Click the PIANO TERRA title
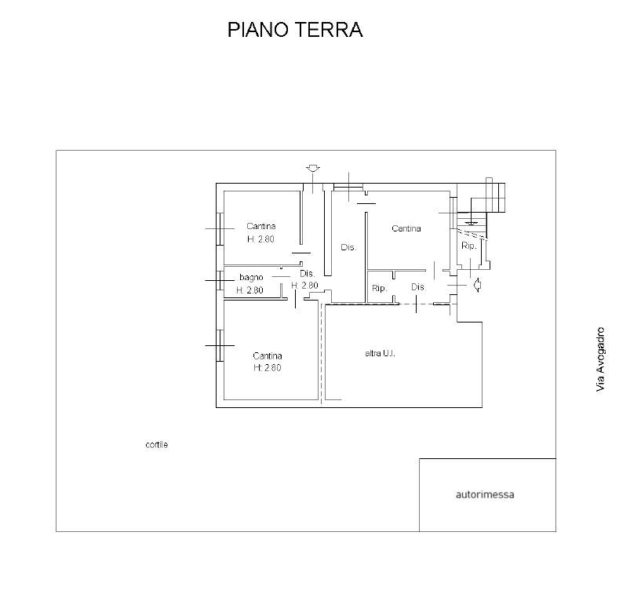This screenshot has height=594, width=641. click(x=295, y=30)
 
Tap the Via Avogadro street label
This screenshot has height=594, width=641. click(x=599, y=359)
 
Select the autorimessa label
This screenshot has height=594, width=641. click(x=485, y=494)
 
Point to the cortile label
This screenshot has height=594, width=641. click(x=157, y=444)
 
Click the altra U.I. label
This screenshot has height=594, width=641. click(x=381, y=353)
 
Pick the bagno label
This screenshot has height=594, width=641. click(x=251, y=278)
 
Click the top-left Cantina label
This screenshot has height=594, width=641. click(x=260, y=226)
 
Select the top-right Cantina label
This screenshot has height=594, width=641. click(x=406, y=228)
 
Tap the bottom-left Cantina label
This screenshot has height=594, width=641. click(x=268, y=355)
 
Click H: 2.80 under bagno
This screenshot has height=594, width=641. click(x=249, y=290)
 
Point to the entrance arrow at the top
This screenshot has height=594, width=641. click(x=313, y=168)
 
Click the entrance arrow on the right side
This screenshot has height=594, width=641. click(x=477, y=285)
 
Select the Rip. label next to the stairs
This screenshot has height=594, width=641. click(x=469, y=246)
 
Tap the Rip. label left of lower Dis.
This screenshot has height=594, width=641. click(x=380, y=288)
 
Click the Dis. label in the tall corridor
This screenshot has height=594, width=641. click(x=348, y=247)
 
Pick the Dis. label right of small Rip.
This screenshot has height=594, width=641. click(x=419, y=287)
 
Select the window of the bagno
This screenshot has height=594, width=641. click(x=220, y=280)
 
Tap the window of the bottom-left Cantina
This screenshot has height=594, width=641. click(x=220, y=345)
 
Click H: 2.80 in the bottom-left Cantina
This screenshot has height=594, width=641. click(x=268, y=367)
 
